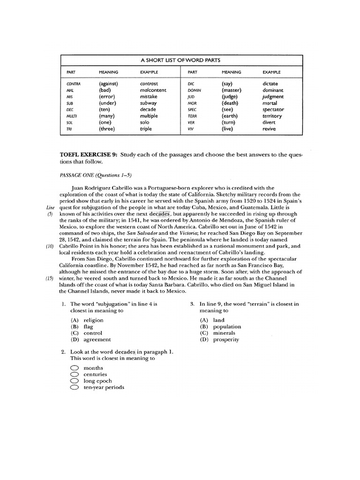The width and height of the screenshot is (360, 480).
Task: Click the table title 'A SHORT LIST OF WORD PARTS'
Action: pos(180,60)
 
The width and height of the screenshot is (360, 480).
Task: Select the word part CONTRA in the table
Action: pos(74,83)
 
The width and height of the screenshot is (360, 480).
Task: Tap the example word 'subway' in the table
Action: pos(149,103)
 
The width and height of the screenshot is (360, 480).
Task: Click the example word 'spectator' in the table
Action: pos(273,109)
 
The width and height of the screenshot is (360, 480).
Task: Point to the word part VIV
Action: pos(190,129)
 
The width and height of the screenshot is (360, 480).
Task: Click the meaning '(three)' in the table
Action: pos(109,129)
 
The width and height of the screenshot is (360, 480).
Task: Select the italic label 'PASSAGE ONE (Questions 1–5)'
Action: pos(96,175)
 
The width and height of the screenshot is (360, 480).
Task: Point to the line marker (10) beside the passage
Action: pos(50,246)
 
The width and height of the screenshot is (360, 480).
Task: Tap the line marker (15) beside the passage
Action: pos(50,278)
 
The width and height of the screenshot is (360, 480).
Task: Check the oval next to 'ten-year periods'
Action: pos(74,388)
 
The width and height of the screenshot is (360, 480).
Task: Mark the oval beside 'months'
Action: pos(74,368)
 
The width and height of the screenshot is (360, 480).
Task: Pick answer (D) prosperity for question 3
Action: pos(220,339)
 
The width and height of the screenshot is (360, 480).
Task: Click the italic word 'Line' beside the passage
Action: pos(51,207)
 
